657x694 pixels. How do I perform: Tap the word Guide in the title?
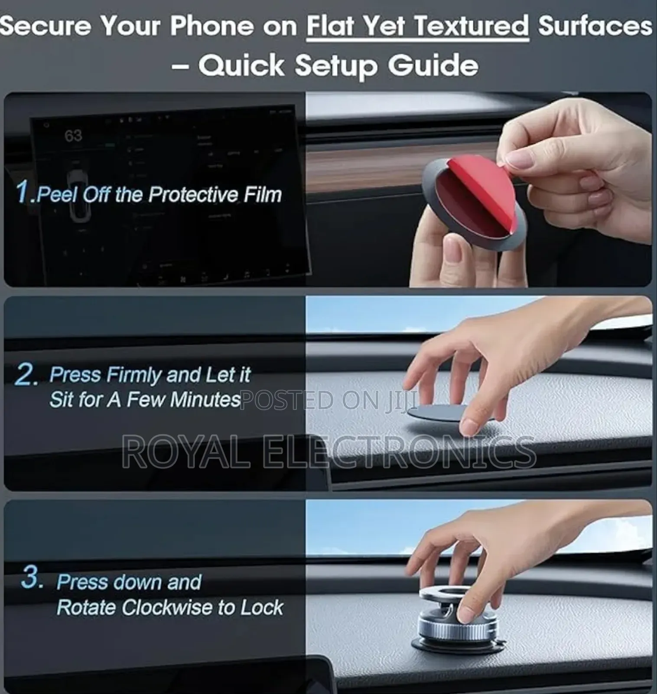[x=433, y=66]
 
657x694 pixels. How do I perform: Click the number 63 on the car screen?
[x=73, y=136]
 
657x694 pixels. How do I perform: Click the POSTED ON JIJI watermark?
[x=328, y=400]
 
